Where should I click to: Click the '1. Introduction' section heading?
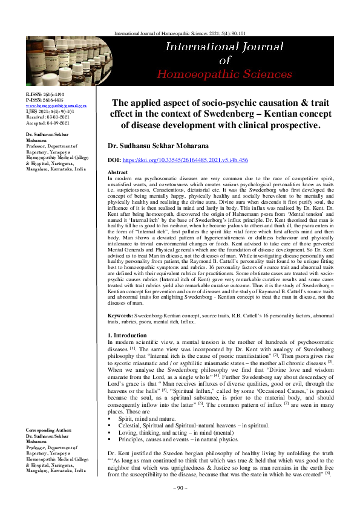click(x=126, y=335)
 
